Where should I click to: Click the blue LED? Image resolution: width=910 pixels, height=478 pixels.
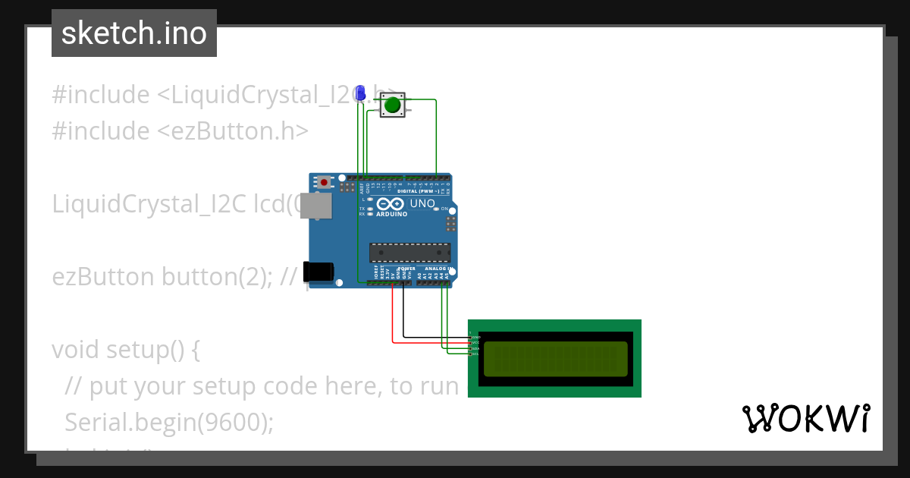[x=361, y=93]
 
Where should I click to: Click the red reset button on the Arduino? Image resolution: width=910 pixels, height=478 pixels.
[x=325, y=182]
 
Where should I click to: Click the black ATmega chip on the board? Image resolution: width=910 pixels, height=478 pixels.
[x=409, y=253]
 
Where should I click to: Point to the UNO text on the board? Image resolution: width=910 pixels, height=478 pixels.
[x=422, y=203]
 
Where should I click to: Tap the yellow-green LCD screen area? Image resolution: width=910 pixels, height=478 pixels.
[x=555, y=359]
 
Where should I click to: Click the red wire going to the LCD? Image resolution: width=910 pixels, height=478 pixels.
[x=393, y=319]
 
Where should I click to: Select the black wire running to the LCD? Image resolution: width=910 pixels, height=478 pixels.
[x=403, y=315]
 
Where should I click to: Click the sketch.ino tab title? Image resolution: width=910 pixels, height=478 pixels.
[x=134, y=33]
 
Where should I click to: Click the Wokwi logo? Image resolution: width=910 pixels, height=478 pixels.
[x=806, y=418]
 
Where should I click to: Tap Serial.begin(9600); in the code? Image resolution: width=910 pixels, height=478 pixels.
[x=169, y=422]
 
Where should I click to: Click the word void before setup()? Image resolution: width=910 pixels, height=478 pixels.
[x=76, y=350]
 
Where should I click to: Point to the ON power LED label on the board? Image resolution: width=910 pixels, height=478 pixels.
[x=444, y=208]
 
